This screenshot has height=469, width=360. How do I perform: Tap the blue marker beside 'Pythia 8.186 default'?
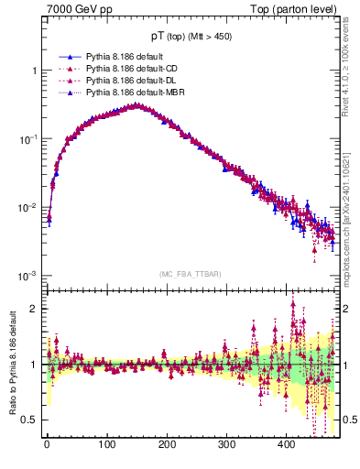click(x=70, y=57)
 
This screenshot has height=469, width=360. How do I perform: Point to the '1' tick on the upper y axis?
click(x=34, y=71)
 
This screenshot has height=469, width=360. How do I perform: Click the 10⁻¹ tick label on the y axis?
click(x=27, y=139)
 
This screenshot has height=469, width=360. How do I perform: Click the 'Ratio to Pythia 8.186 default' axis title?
click(x=11, y=365)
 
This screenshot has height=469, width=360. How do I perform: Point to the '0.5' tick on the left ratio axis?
click(x=29, y=420)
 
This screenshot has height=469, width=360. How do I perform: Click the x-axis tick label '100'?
click(x=106, y=444)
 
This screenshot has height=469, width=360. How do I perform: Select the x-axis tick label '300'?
click(x=226, y=444)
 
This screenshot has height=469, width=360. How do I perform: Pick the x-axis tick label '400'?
click(x=286, y=444)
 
